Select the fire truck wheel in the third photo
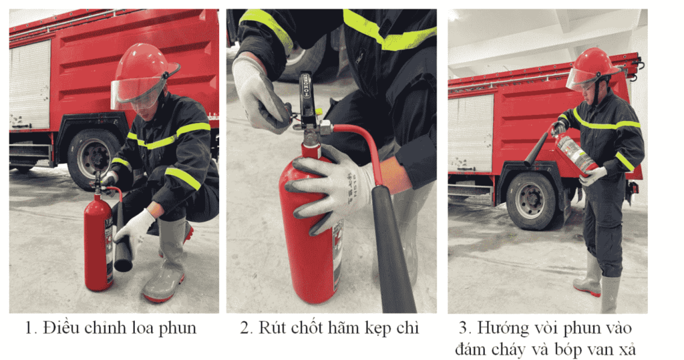tap(530, 200)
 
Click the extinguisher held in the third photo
tap(576, 153)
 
